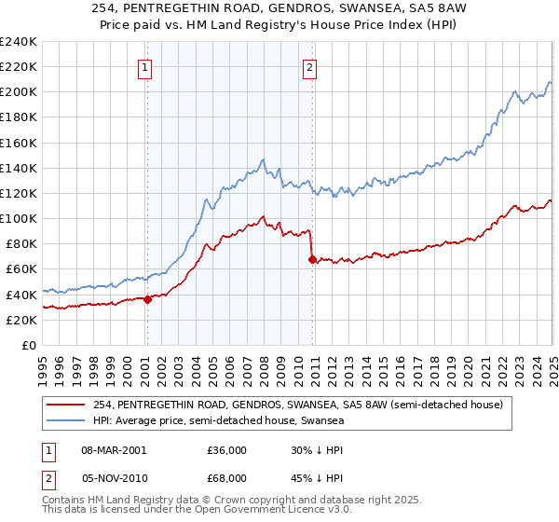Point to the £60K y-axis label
point(22,269)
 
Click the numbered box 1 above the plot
point(146,67)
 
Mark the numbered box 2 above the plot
point(309,67)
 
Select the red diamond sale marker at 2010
point(312,259)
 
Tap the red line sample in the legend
point(66,405)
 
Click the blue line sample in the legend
point(66,420)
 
